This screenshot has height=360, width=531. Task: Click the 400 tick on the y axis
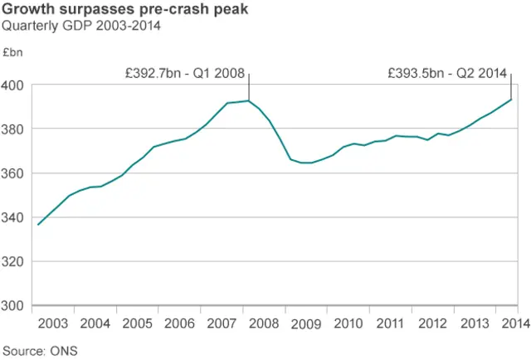click(14, 85)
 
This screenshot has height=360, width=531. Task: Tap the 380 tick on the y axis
click(14, 129)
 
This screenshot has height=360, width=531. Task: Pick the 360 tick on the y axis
click(14, 173)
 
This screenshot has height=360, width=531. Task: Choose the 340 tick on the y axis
click(14, 217)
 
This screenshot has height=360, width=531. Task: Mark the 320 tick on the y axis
click(14, 261)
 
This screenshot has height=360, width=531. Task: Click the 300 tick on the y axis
click(14, 305)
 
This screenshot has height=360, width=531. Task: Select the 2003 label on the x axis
click(52, 324)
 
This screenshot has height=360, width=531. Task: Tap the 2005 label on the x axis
click(137, 324)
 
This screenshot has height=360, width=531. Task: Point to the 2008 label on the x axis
click(264, 324)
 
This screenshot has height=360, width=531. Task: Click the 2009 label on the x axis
click(306, 324)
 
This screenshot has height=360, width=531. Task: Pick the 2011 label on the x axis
click(390, 324)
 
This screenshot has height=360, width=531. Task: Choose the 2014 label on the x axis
click(514, 324)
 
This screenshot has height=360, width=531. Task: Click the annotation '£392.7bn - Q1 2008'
click(184, 73)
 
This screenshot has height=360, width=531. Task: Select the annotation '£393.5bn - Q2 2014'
click(448, 73)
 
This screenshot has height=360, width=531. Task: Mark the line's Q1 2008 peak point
click(249, 101)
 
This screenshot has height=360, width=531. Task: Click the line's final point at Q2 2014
click(511, 100)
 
